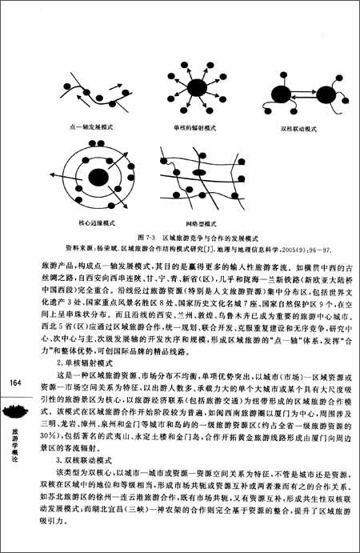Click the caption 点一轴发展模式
click(90, 127)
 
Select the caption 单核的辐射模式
click(194, 127)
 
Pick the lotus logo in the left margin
click(16, 411)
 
